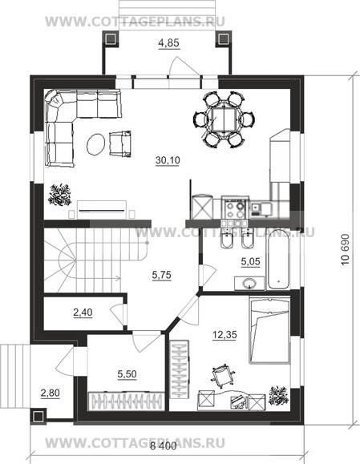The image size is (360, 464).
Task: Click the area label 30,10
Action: (168, 160)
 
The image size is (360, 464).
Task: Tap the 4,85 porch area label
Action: (168, 43)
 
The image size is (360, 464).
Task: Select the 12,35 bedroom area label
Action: (224, 335)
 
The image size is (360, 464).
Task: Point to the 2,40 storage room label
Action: (83, 313)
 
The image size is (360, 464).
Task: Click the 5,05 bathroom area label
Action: (250, 261)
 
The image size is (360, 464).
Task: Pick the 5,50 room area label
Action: (127, 374)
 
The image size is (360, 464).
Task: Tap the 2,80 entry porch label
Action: (50, 393)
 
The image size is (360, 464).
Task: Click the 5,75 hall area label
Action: (161, 275)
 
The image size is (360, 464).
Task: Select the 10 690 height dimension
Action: (346, 250)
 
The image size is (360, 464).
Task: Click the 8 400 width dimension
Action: (163, 446)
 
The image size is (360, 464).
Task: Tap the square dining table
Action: (224, 119)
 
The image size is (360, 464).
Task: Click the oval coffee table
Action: (95, 144)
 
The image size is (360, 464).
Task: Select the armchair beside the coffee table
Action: (120, 143)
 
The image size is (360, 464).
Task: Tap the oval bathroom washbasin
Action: (249, 284)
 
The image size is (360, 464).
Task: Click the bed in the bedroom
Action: (269, 330)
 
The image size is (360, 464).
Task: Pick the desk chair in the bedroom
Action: (223, 375)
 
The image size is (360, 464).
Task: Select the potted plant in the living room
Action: (60, 195)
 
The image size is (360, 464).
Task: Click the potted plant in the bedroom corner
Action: (278, 396)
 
